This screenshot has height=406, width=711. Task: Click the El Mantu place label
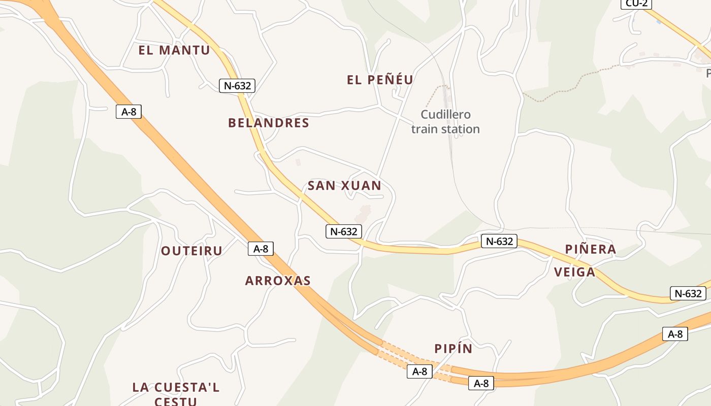click(174, 50)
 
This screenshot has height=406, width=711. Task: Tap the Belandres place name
click(269, 123)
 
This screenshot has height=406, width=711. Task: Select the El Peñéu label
click(380, 80)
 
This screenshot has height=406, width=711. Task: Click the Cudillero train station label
click(445, 122)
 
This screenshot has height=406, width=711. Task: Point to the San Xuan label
click(344, 186)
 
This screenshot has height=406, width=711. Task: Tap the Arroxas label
click(278, 281)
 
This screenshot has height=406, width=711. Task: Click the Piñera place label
click(591, 249)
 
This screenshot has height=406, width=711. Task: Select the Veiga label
click(574, 272)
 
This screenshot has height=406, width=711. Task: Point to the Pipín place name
click(453, 349)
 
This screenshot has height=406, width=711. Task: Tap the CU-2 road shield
click(636, 4)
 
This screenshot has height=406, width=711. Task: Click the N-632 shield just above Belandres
click(237, 86)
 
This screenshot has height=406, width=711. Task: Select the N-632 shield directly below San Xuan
click(344, 231)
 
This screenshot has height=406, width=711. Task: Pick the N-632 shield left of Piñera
click(499, 241)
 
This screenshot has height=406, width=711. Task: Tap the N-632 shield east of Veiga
click(688, 293)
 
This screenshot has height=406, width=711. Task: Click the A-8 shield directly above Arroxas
click(261, 249)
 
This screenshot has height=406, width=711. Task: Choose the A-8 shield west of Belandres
click(129, 112)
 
